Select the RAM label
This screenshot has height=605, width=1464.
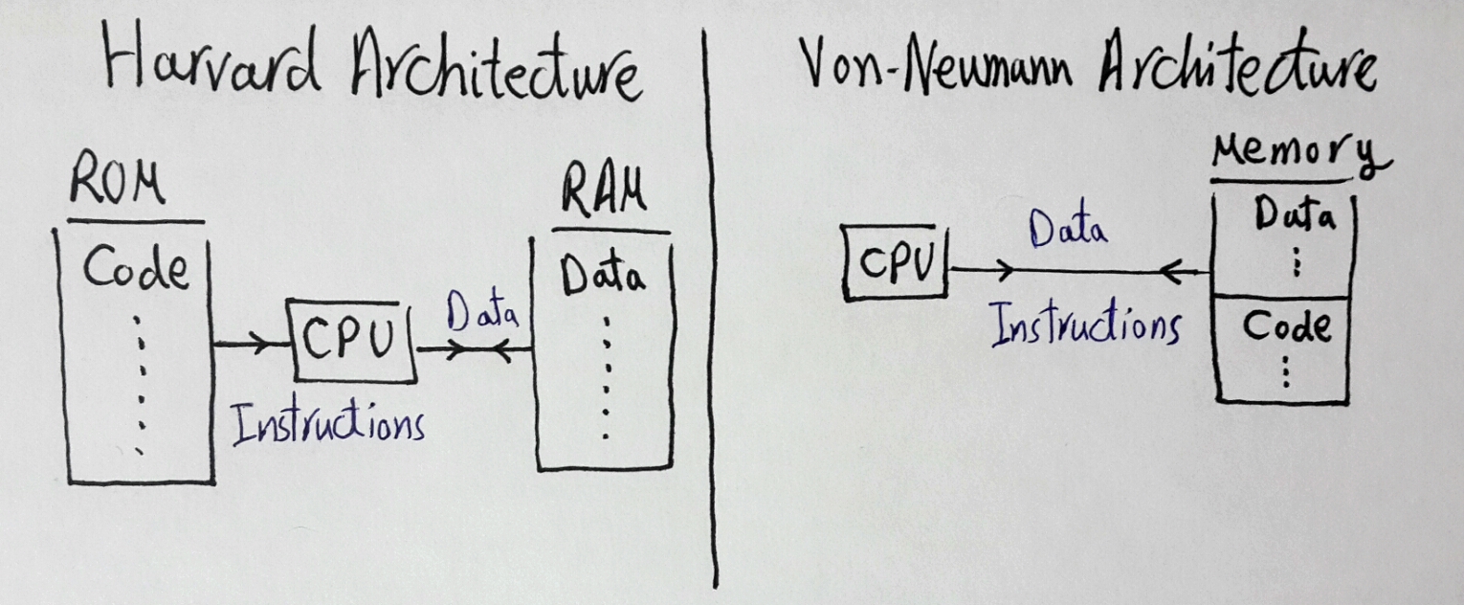coord(603,194)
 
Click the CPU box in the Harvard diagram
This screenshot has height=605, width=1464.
coord(350,340)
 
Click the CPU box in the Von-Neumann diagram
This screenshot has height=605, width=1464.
coord(895,260)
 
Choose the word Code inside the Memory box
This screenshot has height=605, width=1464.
coord(1286,327)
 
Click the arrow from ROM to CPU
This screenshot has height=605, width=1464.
coord(251,345)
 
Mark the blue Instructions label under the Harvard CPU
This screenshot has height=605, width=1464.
coord(327,424)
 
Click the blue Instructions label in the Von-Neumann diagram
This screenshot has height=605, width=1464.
coord(1083,324)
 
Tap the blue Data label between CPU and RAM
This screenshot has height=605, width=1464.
coord(483,315)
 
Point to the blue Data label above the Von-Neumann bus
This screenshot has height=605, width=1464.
coord(1068,230)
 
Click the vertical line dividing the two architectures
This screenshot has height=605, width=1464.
coord(712,306)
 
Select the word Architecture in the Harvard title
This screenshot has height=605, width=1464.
coord(495,67)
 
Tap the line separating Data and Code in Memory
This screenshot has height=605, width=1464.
coord(1282,297)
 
